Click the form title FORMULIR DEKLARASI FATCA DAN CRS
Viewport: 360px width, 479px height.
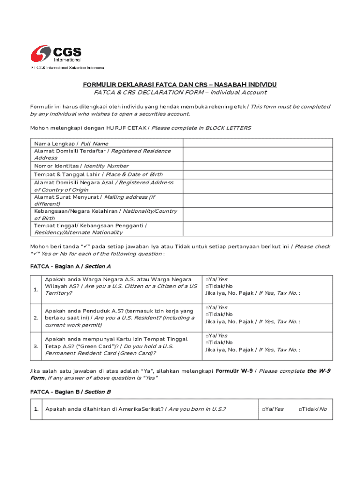pos(180,85)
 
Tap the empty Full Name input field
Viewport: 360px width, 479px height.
pos(258,143)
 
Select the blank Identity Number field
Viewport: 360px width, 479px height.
pos(258,166)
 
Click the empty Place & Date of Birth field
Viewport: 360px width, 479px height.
pos(258,174)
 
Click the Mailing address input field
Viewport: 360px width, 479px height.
pos(258,200)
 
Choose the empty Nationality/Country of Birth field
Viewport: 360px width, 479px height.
pos(258,215)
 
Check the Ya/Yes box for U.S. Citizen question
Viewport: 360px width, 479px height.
pos(207,279)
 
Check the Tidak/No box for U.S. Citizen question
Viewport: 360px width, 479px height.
pos(207,286)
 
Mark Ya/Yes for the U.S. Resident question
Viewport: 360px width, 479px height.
pos(207,307)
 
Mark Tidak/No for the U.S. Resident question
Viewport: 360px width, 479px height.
pos(207,314)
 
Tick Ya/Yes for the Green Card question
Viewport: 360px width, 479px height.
pos(207,335)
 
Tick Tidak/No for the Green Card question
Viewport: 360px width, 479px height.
pos(207,342)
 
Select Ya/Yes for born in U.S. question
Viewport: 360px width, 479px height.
pos(264,409)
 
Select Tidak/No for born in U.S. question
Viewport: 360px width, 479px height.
pos(300,409)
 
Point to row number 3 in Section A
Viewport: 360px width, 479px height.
pos(36,346)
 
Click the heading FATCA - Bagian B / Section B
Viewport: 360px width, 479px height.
pos(70,392)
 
